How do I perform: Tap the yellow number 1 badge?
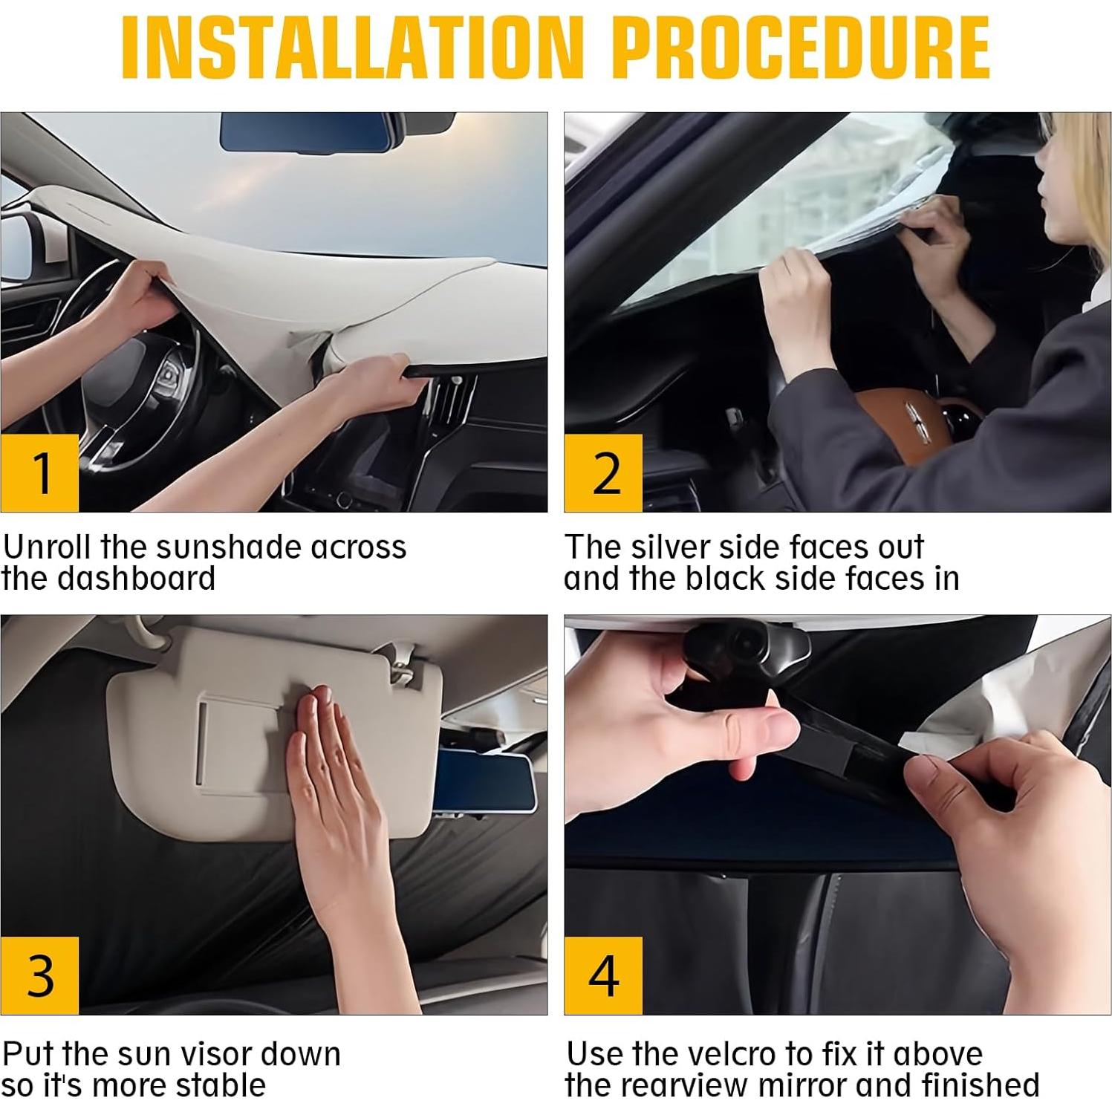click(x=40, y=472)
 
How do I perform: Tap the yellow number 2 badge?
click(x=603, y=472)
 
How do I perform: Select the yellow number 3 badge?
click(x=40, y=975)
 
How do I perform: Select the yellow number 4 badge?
click(x=603, y=975)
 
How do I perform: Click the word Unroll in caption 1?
click(x=48, y=547)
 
